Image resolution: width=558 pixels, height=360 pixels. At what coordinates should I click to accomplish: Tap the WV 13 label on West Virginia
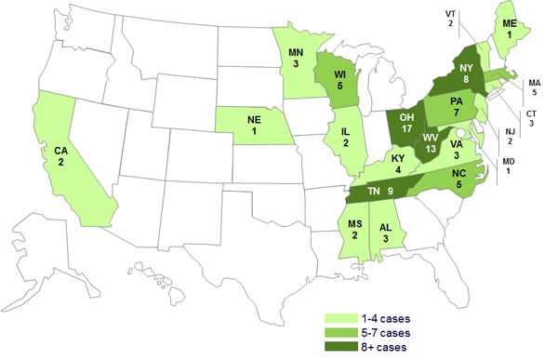point(430,145)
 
